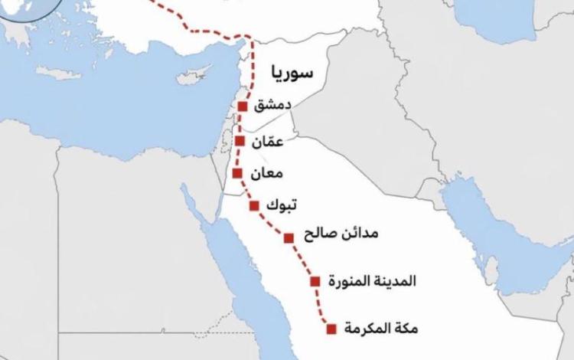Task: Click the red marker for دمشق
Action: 243,106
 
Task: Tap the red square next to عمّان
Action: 240,142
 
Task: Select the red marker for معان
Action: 237,173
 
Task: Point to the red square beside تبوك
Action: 254,205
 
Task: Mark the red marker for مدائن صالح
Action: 289,237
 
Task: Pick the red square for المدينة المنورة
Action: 314,281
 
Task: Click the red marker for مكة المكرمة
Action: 331,329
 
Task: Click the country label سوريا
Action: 292,74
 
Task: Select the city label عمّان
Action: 265,142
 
